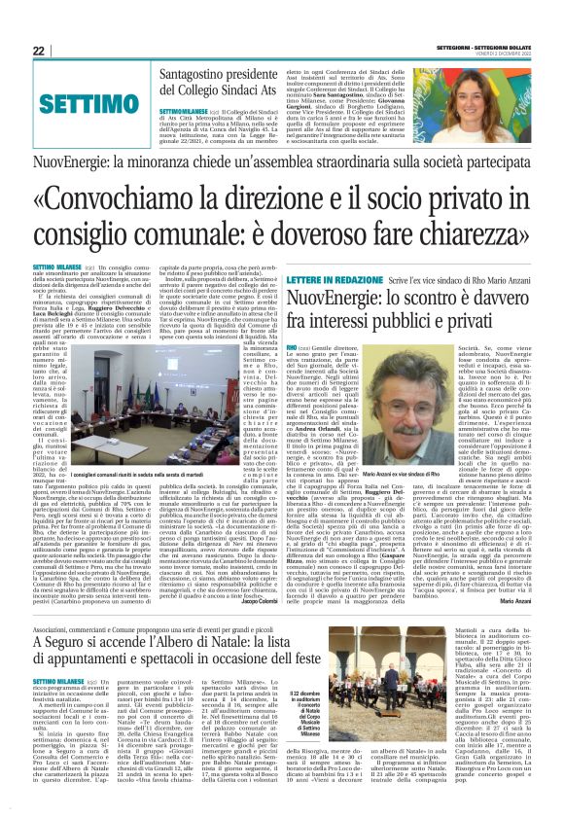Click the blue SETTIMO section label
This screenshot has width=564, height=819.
tap(96, 102)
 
